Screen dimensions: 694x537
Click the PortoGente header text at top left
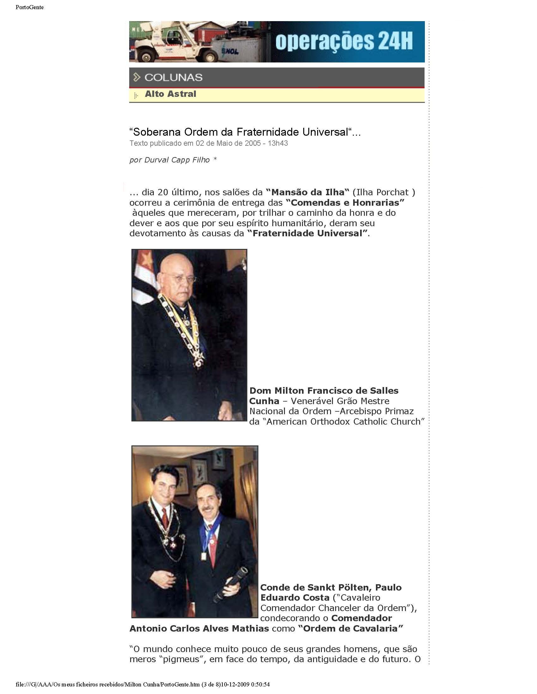(30, 7)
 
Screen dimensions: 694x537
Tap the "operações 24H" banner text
(344, 42)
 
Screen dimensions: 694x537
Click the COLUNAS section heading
(173, 77)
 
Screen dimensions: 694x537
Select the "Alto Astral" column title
(171, 94)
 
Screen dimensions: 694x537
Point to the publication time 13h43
(278, 143)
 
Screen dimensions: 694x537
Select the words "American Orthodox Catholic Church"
(345, 421)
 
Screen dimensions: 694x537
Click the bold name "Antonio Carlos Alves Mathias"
(199, 628)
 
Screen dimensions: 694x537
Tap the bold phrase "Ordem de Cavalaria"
(351, 628)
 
